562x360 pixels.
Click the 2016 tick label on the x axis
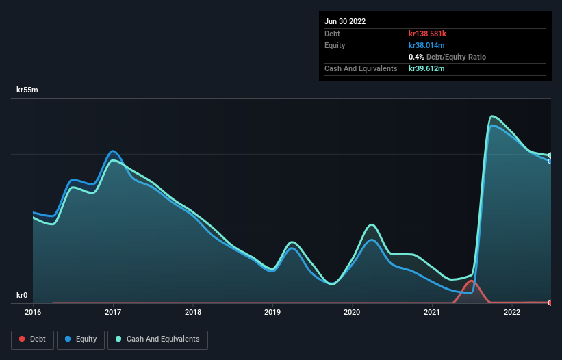click(33, 312)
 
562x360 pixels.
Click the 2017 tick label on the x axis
click(113, 312)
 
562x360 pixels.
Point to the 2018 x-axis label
click(193, 312)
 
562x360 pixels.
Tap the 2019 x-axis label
click(272, 312)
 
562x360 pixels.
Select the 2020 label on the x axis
click(353, 312)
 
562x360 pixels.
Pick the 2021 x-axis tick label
click(433, 312)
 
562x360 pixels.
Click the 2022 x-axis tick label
click(512, 312)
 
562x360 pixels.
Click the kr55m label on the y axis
click(28, 90)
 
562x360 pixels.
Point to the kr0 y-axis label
click(23, 295)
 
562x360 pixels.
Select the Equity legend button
click(81, 339)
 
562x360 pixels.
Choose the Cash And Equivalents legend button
click(157, 339)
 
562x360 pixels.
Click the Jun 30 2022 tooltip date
click(345, 21)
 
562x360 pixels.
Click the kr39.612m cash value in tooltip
click(428, 68)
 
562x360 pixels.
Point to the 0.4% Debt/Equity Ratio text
click(447, 57)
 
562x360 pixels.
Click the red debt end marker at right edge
click(550, 303)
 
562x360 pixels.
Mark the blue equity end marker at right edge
click(550, 162)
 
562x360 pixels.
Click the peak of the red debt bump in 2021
click(471, 281)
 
